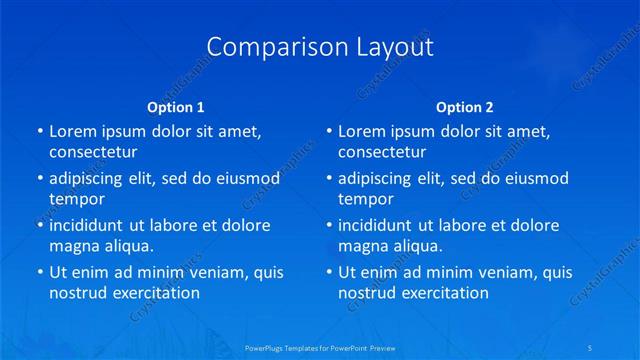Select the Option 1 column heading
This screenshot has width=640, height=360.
(176, 106)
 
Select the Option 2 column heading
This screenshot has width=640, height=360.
(465, 106)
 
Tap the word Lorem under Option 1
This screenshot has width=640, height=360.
(72, 131)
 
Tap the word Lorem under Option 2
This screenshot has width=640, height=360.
(361, 131)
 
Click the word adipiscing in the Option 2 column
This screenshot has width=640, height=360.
(381, 179)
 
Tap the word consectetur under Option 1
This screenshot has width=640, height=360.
(93, 152)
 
